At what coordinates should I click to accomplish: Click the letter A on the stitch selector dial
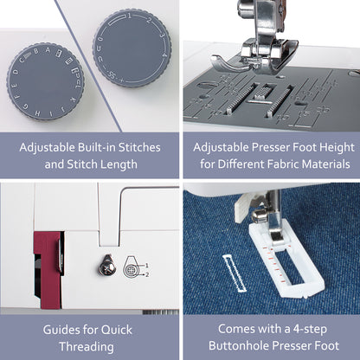[x=48, y=49]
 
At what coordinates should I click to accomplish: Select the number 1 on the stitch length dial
[x=130, y=16]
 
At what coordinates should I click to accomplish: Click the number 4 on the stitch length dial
[x=165, y=54]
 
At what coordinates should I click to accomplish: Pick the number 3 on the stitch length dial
[x=162, y=35]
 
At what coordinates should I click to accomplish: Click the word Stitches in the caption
[x=139, y=147]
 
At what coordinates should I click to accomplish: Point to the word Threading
[x=87, y=347]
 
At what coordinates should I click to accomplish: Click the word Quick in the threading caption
[x=116, y=330]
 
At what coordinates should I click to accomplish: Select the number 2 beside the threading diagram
[x=147, y=275]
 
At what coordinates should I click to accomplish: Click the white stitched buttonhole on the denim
[x=235, y=273]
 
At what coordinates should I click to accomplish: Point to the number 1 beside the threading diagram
[x=147, y=266]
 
